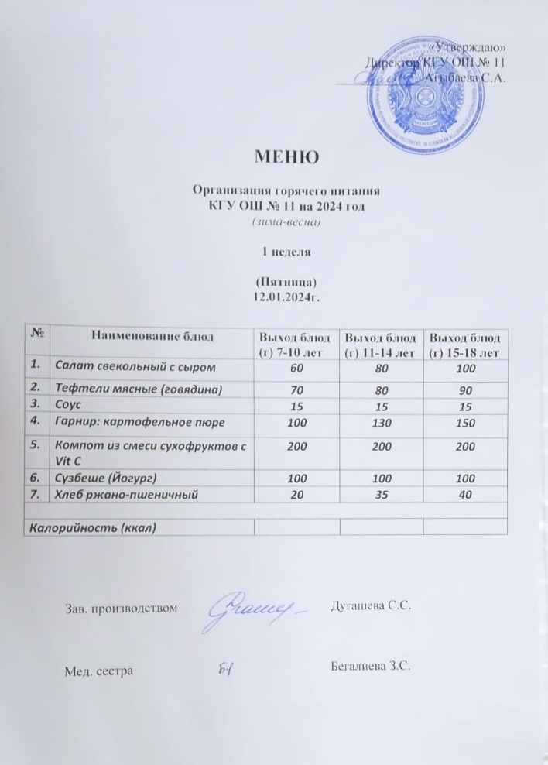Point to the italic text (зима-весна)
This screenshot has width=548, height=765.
tap(287, 222)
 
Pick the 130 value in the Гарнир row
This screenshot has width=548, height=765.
tap(382, 424)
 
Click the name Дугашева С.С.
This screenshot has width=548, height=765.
tap(370, 605)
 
